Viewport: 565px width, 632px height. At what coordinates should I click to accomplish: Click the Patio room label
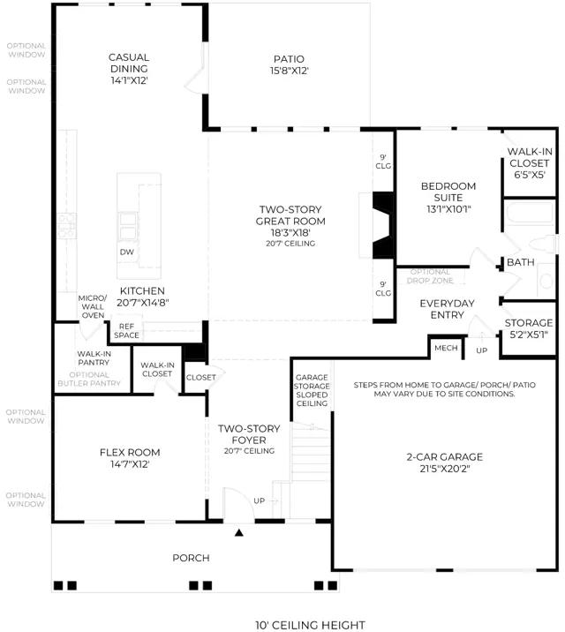tap(289, 64)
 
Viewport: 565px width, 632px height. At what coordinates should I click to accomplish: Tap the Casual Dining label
tap(129, 69)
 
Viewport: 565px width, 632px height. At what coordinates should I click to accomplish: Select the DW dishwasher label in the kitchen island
tap(126, 252)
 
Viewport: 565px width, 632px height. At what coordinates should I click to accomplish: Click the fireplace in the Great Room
tap(383, 225)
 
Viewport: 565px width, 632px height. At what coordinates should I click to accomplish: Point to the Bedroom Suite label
tap(448, 198)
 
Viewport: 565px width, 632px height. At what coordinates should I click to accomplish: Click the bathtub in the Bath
tap(530, 212)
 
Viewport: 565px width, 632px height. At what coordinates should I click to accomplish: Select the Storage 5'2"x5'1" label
tap(528, 328)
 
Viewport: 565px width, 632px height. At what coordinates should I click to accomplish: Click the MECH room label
tap(446, 348)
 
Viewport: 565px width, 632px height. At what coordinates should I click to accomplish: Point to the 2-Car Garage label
tap(445, 463)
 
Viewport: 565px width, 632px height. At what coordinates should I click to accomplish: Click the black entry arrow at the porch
tap(239, 533)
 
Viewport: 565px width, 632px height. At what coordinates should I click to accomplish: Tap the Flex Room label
tap(130, 458)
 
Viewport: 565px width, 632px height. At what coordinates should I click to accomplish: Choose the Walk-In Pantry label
tap(94, 357)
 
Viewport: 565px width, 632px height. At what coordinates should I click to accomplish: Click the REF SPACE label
tap(126, 330)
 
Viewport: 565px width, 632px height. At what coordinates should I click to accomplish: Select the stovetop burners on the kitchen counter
tap(66, 225)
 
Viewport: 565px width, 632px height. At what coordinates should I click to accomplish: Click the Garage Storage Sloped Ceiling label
tap(312, 390)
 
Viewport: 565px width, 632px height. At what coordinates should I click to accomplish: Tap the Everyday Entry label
tap(447, 309)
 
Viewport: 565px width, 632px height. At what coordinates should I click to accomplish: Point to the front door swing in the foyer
tap(238, 503)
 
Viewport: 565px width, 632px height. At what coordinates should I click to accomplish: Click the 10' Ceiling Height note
tap(310, 625)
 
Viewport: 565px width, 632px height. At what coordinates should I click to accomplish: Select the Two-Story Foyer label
tap(249, 439)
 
